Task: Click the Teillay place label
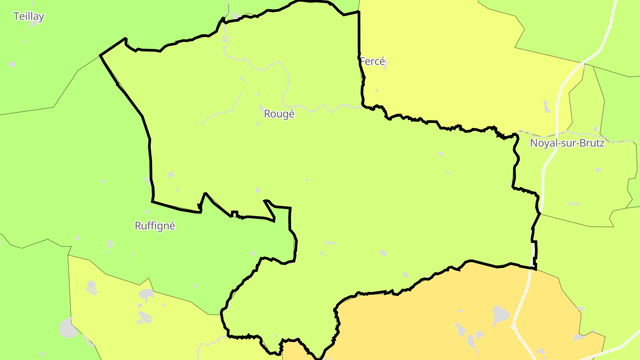click(28, 16)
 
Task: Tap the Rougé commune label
click(279, 114)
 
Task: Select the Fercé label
click(372, 61)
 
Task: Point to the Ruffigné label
click(155, 226)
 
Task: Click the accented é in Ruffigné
click(172, 226)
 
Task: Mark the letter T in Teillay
click(16, 16)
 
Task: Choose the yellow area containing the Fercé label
click(444, 67)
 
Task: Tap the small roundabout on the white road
click(513, 327)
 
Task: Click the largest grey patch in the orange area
click(500, 315)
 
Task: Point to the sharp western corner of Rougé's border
click(100, 56)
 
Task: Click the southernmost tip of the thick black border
click(318, 358)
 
